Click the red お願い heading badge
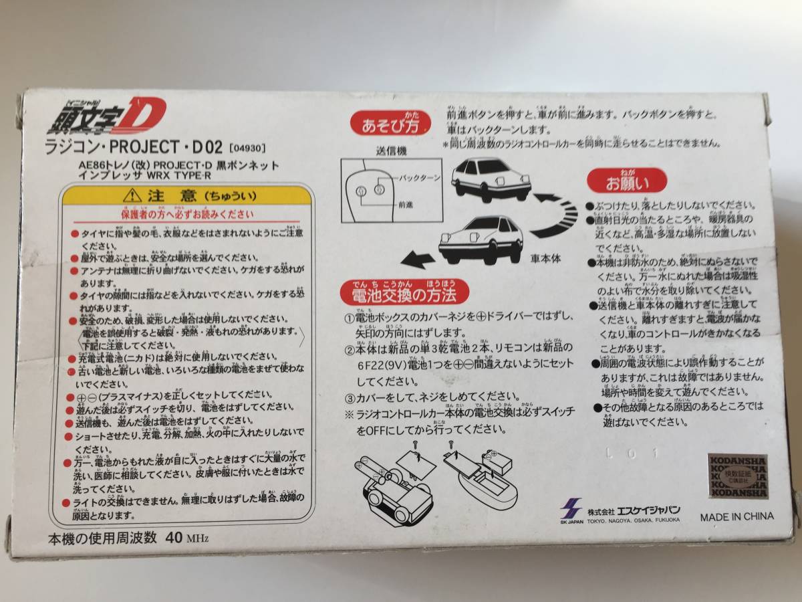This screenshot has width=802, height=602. tap(618, 181)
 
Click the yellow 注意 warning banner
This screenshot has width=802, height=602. tap(186, 198)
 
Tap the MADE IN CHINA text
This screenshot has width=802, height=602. tap(737, 516)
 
